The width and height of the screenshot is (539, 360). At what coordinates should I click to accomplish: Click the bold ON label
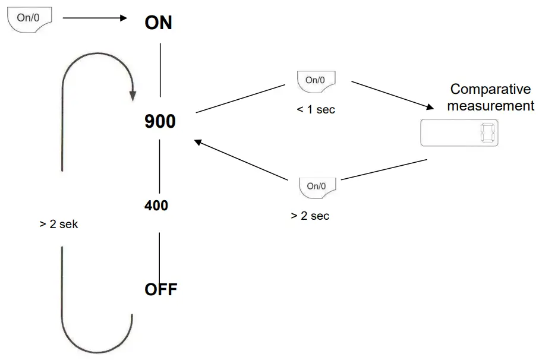pyautogui.click(x=158, y=23)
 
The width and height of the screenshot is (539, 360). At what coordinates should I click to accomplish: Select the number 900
pyautogui.click(x=160, y=122)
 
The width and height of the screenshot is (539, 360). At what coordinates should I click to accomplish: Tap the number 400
pyautogui.click(x=156, y=206)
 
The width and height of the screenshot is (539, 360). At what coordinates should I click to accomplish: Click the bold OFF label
pyautogui.click(x=161, y=290)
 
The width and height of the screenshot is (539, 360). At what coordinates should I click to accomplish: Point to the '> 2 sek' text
pyautogui.click(x=59, y=225)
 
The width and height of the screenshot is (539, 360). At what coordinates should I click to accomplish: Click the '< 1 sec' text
pyautogui.click(x=316, y=109)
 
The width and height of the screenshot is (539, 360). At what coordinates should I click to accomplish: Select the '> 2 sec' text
pyautogui.click(x=310, y=216)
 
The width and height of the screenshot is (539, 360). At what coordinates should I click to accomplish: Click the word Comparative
pyautogui.click(x=490, y=90)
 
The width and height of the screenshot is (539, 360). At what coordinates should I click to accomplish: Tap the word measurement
pyautogui.click(x=491, y=106)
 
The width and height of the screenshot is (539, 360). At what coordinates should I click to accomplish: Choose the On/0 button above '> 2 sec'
pyautogui.click(x=317, y=187)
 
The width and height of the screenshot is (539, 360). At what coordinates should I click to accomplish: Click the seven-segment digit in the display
pyautogui.click(x=487, y=133)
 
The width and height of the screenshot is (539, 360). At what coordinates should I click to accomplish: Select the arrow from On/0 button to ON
pyautogui.click(x=95, y=18)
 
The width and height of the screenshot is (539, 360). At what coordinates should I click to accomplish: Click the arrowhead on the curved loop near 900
pyautogui.click(x=133, y=95)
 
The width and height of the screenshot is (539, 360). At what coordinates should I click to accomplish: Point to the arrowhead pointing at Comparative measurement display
pyautogui.click(x=430, y=107)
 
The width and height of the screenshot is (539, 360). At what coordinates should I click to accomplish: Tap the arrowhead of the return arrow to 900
pyautogui.click(x=198, y=141)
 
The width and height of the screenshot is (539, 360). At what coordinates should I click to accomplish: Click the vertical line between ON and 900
pyautogui.click(x=160, y=69)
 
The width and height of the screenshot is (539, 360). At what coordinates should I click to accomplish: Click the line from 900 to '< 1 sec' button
pyautogui.click(x=241, y=98)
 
